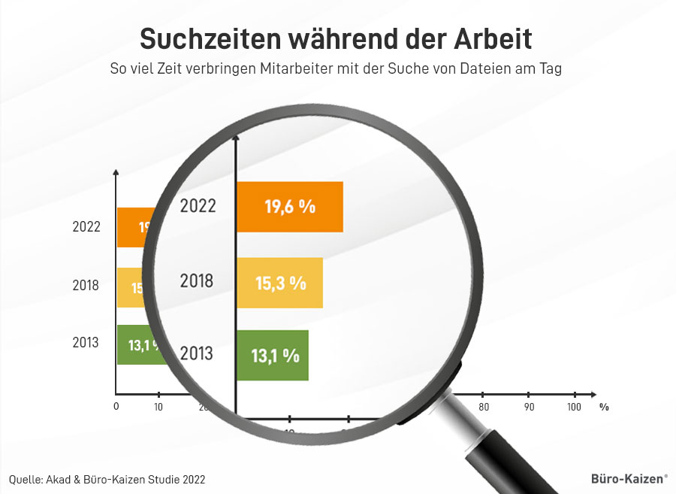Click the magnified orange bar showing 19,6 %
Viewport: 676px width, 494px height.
click(x=290, y=207)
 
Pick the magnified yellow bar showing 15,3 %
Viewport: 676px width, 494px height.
click(x=279, y=283)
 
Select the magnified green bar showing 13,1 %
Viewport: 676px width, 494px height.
click(x=272, y=355)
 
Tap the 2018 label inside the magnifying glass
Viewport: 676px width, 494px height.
click(x=197, y=282)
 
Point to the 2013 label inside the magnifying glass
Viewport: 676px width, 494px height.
click(x=197, y=353)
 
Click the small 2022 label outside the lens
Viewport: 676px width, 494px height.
click(x=86, y=226)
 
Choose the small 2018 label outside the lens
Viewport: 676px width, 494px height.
click(x=86, y=286)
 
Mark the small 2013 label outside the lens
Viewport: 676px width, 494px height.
click(x=86, y=343)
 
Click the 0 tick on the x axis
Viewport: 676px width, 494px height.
click(x=116, y=407)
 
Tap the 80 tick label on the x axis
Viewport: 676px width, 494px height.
click(x=484, y=407)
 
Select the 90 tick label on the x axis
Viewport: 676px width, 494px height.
click(x=529, y=407)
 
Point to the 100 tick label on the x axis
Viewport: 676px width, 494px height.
click(x=574, y=407)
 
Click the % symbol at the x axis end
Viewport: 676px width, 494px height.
click(x=604, y=407)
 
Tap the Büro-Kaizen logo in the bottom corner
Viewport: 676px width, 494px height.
click(x=625, y=477)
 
